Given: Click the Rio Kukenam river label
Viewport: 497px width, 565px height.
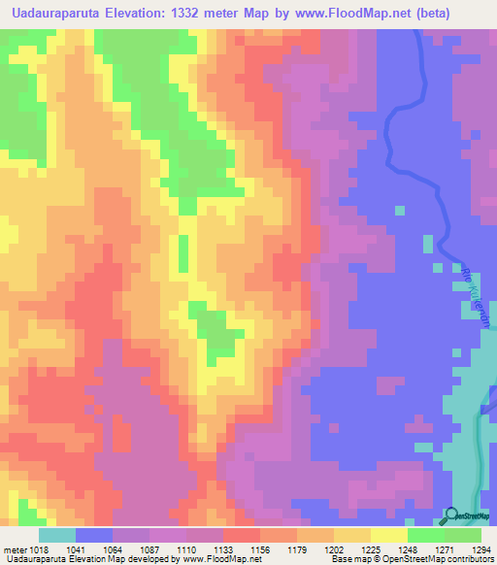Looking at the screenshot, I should coord(470,296).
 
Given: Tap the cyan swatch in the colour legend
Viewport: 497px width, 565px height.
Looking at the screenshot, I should coord(57,535).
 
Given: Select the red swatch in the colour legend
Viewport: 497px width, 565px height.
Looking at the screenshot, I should coord(242,535).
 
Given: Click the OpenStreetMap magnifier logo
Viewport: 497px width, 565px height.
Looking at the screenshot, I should coord(451,516).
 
